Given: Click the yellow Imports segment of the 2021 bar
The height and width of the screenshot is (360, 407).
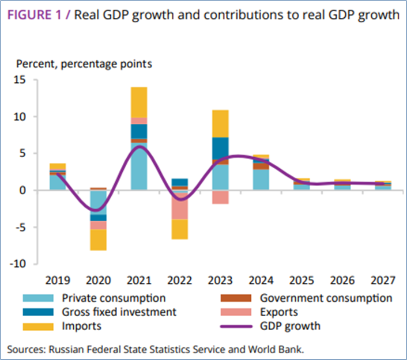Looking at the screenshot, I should [139, 102].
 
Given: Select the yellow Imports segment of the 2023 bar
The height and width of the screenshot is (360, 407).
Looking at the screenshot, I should [220, 123].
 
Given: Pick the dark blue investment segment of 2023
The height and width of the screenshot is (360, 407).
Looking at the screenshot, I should [220, 148].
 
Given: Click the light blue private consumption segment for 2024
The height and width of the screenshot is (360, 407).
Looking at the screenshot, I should [261, 179].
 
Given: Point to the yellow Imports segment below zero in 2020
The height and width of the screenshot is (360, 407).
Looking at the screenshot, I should [98, 240].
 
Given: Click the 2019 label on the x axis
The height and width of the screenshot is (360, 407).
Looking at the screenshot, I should [58, 281].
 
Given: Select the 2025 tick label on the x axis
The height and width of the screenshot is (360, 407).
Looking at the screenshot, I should [302, 281].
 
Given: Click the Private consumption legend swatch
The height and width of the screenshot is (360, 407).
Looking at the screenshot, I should [39, 298].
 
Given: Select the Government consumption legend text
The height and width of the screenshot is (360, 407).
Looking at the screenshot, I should [326, 298].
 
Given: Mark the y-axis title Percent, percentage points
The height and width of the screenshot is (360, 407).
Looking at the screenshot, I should [84, 64].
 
